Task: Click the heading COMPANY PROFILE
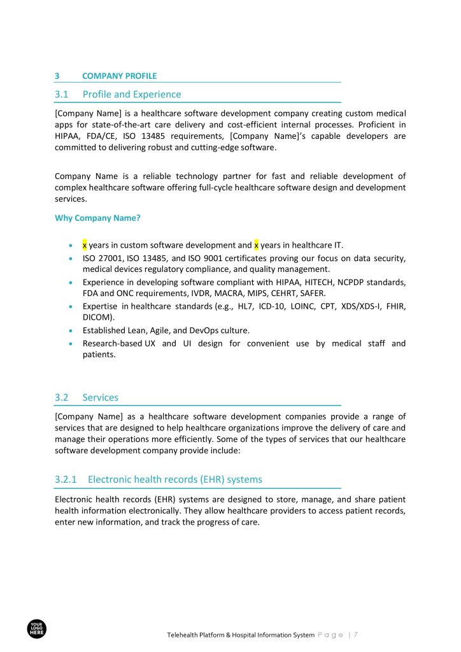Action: (119, 76)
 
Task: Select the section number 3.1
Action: (61, 94)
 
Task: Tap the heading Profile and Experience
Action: (132, 94)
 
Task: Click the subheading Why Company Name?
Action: (97, 218)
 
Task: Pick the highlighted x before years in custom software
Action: (85, 245)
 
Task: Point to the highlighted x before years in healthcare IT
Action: (256, 245)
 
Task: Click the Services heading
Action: (100, 397)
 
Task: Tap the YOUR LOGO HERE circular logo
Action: (37, 630)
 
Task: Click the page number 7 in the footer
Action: (356, 635)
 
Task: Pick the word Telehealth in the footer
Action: (184, 635)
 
